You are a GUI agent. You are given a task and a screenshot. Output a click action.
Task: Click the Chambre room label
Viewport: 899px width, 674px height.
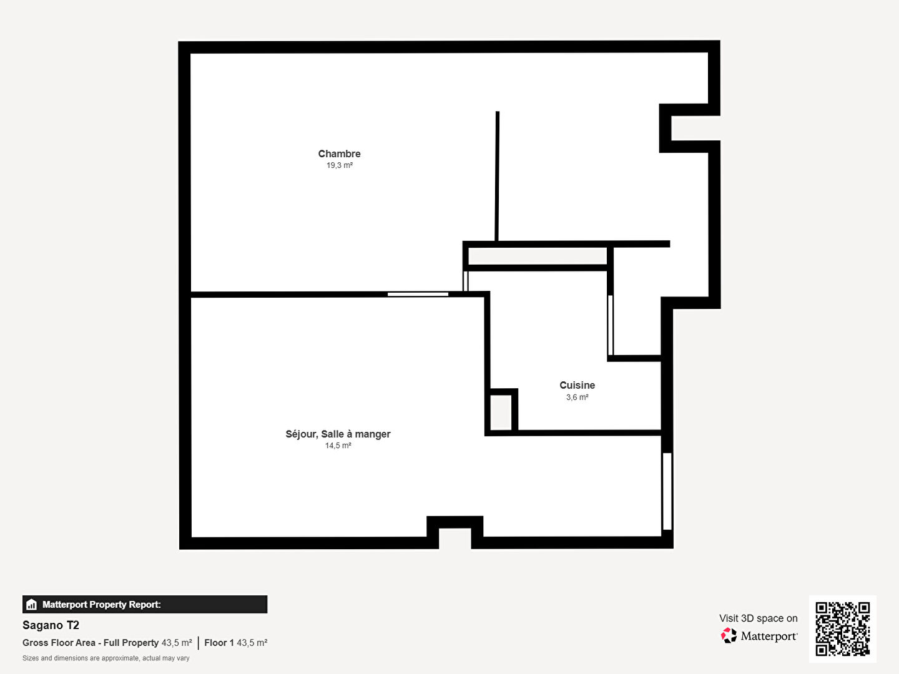click(x=339, y=154)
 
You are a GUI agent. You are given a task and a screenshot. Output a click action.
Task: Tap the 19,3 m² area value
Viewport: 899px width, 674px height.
click(x=340, y=165)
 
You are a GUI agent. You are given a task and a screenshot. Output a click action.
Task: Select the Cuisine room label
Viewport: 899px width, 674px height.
click(x=577, y=385)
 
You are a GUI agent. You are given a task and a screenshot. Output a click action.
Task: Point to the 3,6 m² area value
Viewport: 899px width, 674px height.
click(x=577, y=397)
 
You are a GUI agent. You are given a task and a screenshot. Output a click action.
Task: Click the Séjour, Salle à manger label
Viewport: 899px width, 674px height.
click(x=338, y=434)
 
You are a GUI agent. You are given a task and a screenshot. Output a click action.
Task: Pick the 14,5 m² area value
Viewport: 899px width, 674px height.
click(x=338, y=446)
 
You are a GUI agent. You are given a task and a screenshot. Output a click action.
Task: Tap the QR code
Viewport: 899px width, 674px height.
click(x=842, y=629)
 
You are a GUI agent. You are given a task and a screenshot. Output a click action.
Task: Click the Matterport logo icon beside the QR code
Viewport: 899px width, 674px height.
click(x=729, y=635)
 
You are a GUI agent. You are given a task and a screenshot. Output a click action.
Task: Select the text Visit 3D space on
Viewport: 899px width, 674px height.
click(x=758, y=618)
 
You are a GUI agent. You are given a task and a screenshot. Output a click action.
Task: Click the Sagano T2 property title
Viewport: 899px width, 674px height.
click(x=51, y=625)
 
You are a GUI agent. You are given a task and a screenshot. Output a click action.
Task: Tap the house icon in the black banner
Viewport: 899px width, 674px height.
click(x=32, y=605)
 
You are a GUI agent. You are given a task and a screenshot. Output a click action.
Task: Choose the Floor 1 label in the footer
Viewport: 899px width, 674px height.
click(x=219, y=643)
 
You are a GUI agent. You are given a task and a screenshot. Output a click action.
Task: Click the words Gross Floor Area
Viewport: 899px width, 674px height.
click(x=58, y=643)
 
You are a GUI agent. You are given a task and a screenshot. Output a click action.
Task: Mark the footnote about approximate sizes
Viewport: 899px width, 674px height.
click(x=106, y=658)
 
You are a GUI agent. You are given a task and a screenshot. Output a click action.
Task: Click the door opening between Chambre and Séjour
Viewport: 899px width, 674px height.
click(x=418, y=294)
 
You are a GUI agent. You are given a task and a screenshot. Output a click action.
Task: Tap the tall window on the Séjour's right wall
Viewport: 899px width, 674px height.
click(x=667, y=491)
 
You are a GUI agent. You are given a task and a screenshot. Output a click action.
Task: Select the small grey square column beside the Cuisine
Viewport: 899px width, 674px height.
click(x=501, y=412)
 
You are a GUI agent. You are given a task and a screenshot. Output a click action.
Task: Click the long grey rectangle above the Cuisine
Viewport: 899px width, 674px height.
click(x=538, y=256)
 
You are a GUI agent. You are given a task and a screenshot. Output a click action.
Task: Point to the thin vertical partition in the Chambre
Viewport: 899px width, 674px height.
click(x=497, y=176)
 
